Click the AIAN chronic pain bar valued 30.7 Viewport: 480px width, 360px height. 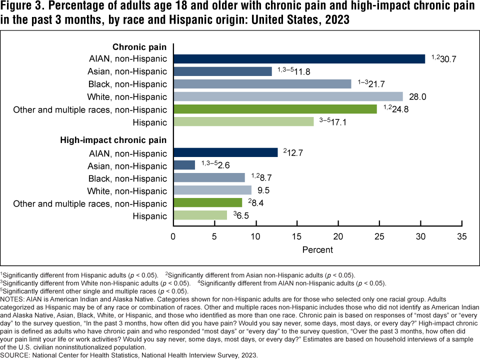[299, 58]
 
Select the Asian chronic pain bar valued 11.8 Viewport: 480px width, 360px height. [222, 71]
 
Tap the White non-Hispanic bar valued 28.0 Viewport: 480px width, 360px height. [288, 96]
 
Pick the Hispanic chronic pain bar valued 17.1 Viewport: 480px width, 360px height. [243, 121]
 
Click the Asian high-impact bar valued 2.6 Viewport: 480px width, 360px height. [184, 165]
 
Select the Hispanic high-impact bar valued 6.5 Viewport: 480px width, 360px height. [200, 215]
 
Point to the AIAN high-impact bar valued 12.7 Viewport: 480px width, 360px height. [225, 152]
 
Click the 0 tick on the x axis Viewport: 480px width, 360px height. [173, 236]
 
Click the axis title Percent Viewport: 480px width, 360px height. [317, 248]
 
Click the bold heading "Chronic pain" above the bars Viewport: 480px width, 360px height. [139, 46]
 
